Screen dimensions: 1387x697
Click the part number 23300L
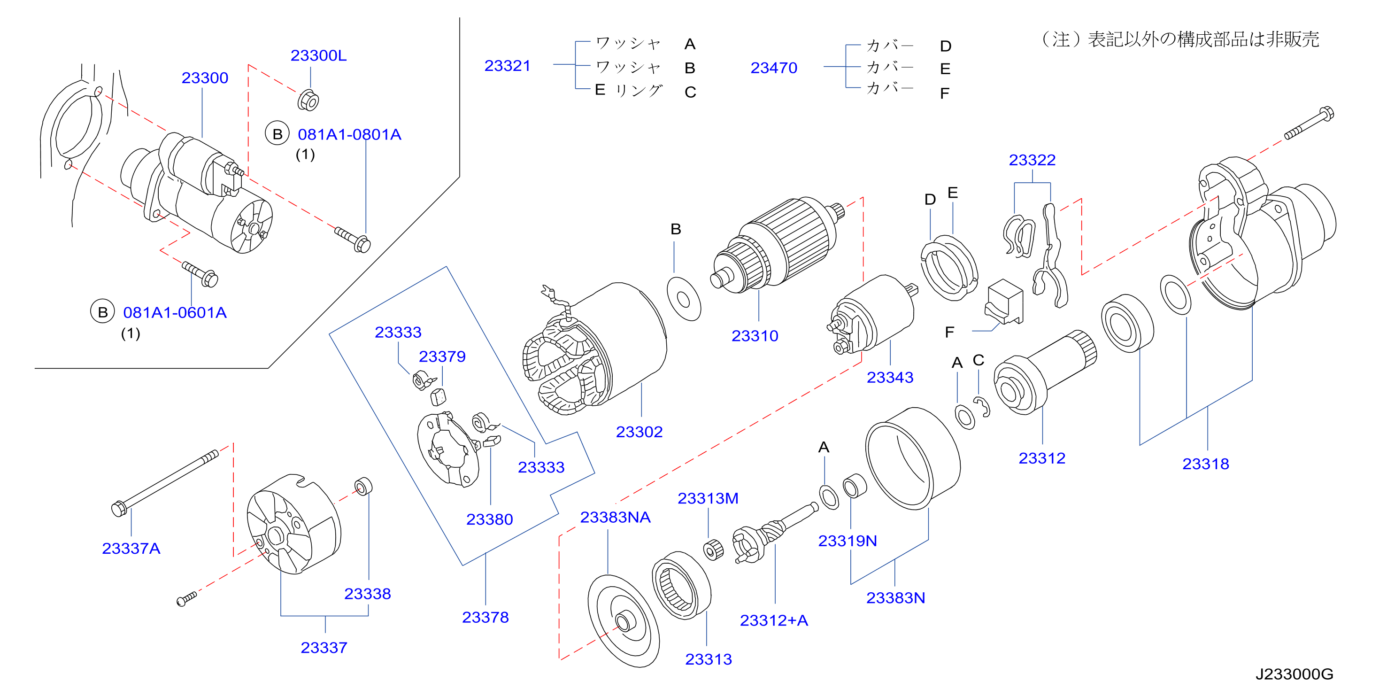click(318, 55)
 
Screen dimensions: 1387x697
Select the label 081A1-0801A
click(349, 135)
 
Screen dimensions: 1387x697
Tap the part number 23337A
click(131, 548)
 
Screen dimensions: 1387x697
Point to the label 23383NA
click(615, 517)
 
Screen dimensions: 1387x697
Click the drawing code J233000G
click(1294, 674)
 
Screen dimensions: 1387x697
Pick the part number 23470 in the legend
click(774, 68)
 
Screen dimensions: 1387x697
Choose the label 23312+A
click(774, 620)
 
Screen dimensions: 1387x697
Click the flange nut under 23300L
click(308, 100)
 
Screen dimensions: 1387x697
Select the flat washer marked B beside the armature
click(684, 299)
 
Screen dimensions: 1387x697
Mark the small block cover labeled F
click(1004, 302)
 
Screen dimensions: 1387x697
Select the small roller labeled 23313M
click(713, 550)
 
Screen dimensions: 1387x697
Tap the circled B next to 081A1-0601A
click(102, 311)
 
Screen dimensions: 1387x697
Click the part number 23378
click(485, 617)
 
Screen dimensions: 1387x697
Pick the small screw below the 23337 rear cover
click(187, 598)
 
